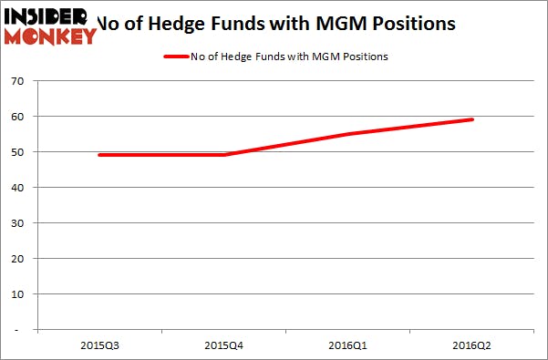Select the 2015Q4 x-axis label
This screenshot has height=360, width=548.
pyautogui.click(x=225, y=345)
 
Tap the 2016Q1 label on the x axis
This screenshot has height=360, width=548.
pyautogui.click(x=349, y=345)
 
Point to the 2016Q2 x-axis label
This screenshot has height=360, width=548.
pyautogui.click(x=473, y=345)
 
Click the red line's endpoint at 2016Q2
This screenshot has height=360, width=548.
pyautogui.click(x=472, y=119)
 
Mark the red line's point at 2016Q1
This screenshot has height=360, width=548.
pyautogui.click(x=349, y=134)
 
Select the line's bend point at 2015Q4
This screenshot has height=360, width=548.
pyautogui.click(x=225, y=155)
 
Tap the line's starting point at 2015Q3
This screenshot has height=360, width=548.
pyautogui.click(x=99, y=155)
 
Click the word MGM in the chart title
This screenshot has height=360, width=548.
pyautogui.click(x=344, y=21)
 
